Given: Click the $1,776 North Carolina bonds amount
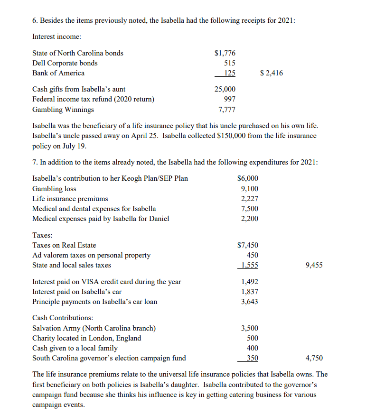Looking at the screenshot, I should tap(225, 53).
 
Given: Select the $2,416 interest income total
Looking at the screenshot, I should tap(272, 73).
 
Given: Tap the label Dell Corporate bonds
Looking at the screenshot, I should tap(65, 63).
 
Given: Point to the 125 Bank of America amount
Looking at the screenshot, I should tap(229, 73).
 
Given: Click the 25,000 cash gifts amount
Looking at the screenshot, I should tap(225, 89).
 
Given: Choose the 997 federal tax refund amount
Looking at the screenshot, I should tap(229, 99).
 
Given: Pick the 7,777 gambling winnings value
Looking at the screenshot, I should tap(226, 110).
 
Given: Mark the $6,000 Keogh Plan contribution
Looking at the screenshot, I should tap(248, 178).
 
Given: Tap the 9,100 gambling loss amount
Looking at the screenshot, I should tap(250, 189).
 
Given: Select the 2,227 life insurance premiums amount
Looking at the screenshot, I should tap(250, 199).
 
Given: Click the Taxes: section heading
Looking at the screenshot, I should tap(42, 235).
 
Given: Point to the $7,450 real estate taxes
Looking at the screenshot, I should tap(248, 245).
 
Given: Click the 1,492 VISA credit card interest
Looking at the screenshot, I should tap(250, 282).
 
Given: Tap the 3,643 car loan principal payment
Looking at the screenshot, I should tap(250, 302).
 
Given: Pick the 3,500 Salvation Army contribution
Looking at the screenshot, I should tap(250, 328).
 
